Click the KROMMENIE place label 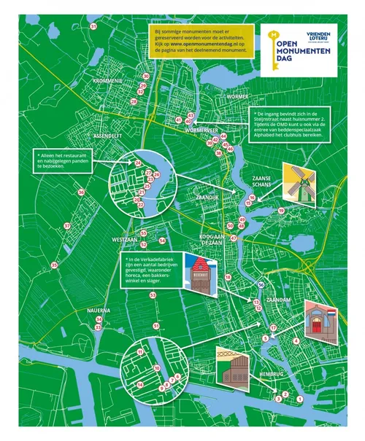108,81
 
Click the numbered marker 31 93,26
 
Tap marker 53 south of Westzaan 153,294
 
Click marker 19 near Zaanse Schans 281,211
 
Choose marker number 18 228,278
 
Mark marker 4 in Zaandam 296,340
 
